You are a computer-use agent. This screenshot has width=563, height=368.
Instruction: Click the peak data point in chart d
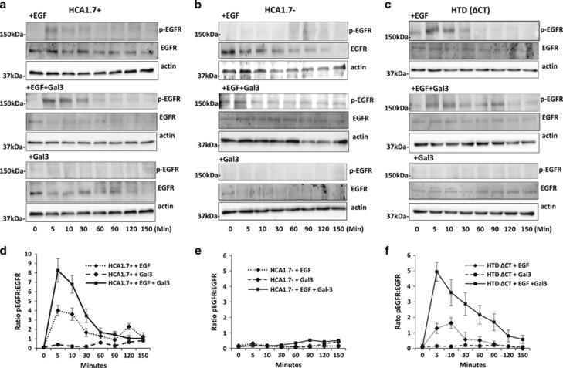(57, 270)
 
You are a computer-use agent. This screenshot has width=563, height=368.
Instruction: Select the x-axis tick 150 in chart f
(522, 356)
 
